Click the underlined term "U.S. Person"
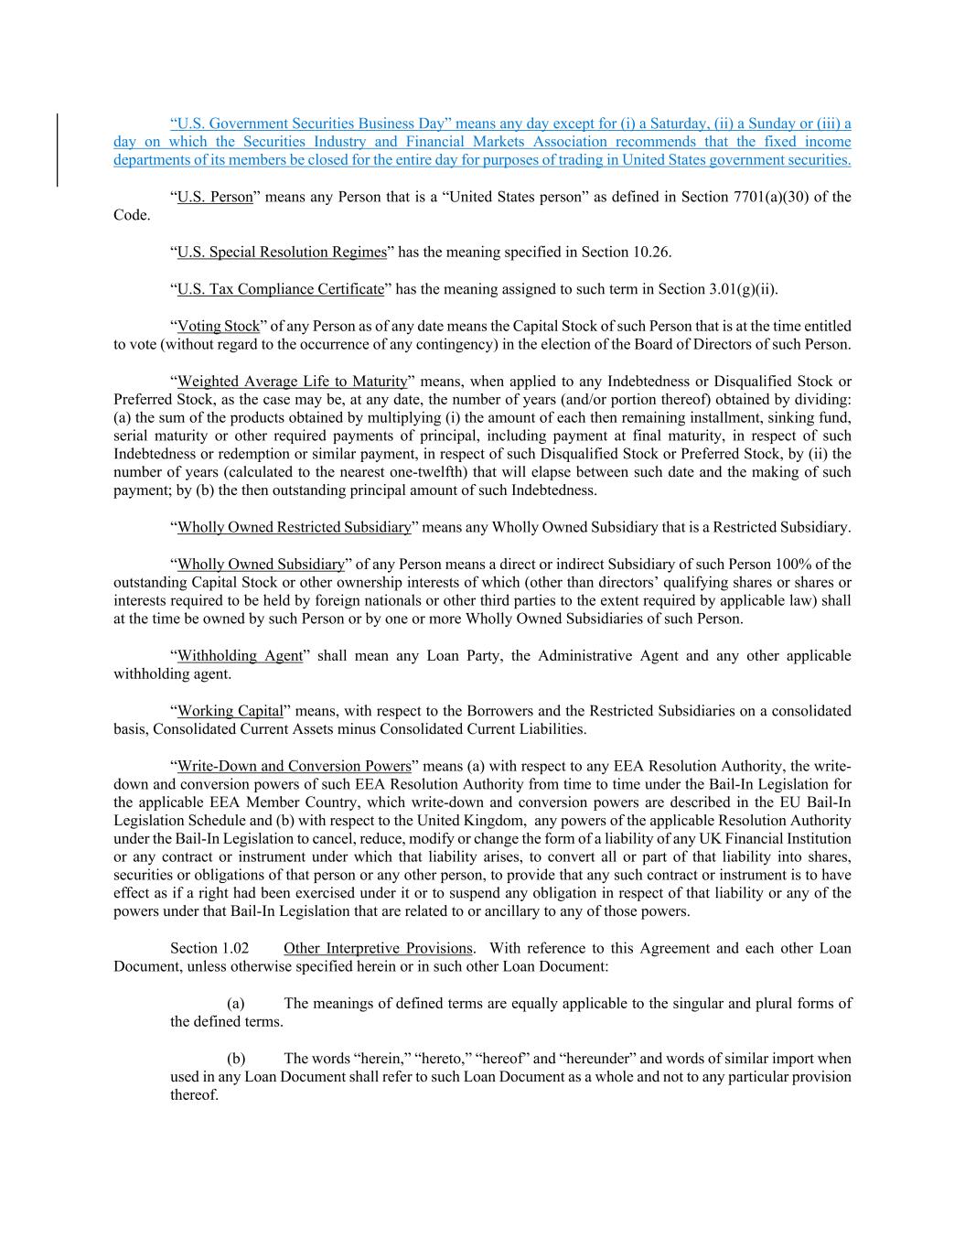pos(215,197)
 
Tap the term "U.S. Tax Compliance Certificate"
pos(281,289)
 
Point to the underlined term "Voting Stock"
pos(219,326)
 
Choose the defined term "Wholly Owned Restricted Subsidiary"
pos(294,527)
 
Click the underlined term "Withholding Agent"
pos(240,655)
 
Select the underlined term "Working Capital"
pos(231,710)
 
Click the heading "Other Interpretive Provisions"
pos(378,948)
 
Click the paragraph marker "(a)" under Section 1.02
pos(236,1003)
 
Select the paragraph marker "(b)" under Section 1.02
pos(236,1058)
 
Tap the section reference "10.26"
pos(652,252)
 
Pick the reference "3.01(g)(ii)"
pos(742,289)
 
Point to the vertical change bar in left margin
pos(59,150)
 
